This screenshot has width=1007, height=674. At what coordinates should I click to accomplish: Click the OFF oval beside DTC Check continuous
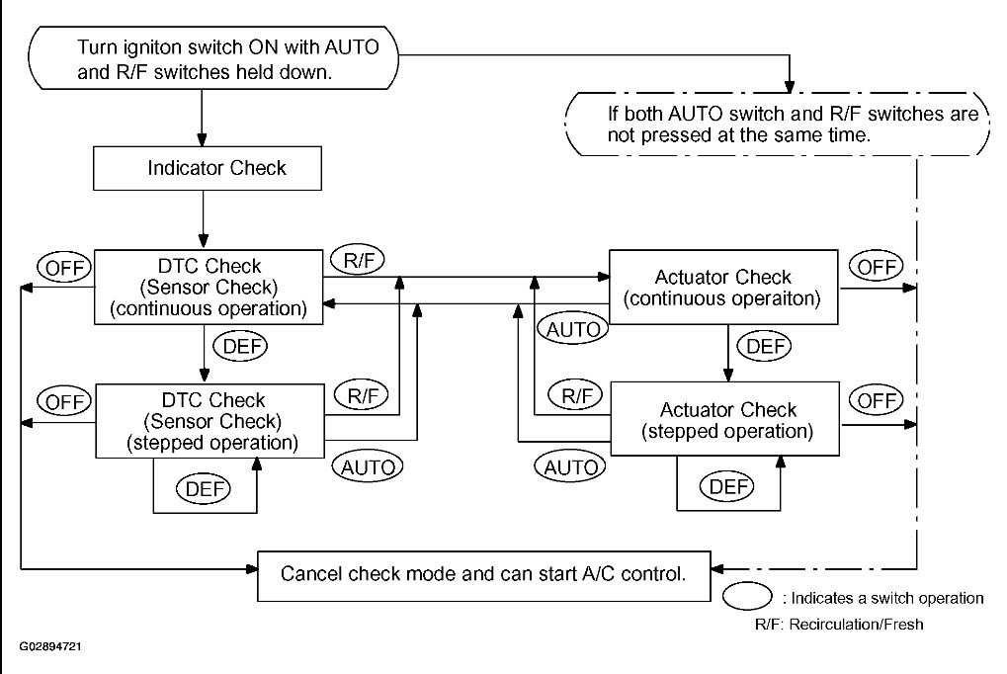[x=64, y=267]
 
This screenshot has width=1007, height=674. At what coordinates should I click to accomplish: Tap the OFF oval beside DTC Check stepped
[x=64, y=402]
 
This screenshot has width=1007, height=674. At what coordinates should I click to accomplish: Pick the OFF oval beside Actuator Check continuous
[x=876, y=266]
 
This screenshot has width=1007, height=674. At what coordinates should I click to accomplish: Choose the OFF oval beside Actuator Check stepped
[x=876, y=400]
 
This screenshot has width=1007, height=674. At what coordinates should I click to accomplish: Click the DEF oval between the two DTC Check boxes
[x=241, y=346]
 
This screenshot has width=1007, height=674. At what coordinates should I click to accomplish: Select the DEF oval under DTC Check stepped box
[x=204, y=489]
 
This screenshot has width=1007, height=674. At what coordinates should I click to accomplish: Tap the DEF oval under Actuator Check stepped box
[x=727, y=486]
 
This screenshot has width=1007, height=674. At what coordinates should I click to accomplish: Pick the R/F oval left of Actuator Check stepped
[x=576, y=395]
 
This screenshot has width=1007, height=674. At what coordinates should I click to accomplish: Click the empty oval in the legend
[x=747, y=596]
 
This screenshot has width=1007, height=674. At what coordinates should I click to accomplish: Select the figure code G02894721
[x=50, y=646]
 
